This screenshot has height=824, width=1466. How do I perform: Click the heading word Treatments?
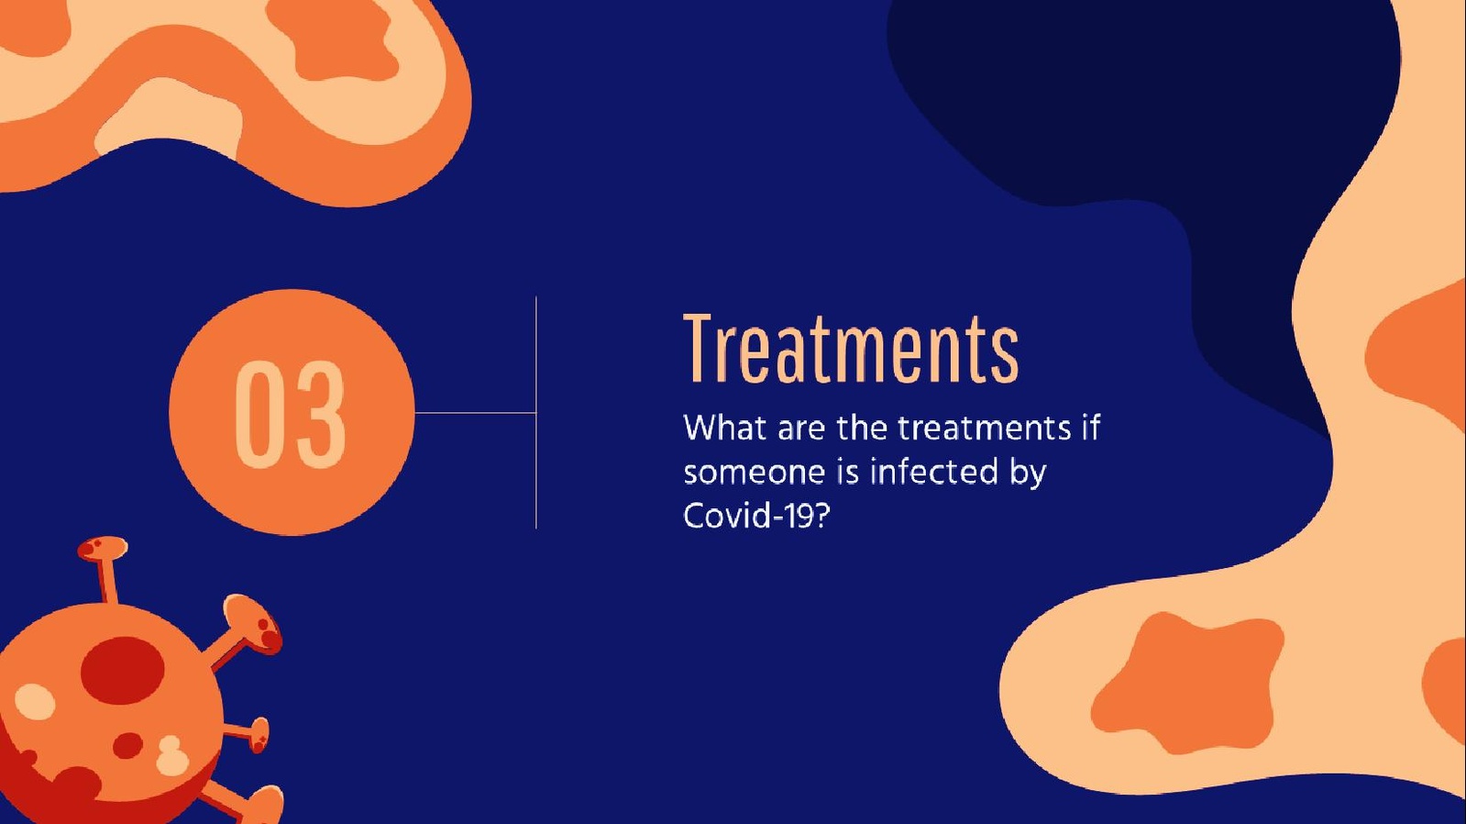click(851, 348)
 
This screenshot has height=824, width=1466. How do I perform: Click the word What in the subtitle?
click(724, 428)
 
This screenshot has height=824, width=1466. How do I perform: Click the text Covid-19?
click(756, 516)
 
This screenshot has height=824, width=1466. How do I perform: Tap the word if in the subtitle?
click(1091, 427)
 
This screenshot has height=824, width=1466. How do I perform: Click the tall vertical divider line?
click(536, 412)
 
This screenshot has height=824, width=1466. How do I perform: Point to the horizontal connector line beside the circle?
click(475, 413)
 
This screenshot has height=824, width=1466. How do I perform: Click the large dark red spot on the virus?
click(122, 671)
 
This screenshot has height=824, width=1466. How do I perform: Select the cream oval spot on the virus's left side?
click(36, 702)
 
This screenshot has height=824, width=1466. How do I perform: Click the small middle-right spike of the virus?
click(248, 733)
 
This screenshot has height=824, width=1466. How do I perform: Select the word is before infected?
click(847, 471)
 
